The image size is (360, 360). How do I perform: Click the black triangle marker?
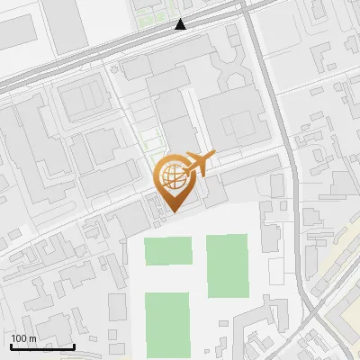pyautogui.click(x=182, y=24)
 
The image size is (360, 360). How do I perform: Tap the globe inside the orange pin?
pyautogui.click(x=171, y=175)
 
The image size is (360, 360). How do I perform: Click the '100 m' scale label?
pyautogui.click(x=24, y=338)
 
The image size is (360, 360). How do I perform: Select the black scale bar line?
pyautogui.click(x=41, y=346)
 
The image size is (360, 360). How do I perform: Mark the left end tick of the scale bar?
pyautogui.click(x=10, y=344)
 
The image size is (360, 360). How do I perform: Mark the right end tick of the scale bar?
pyautogui.click(x=74, y=344)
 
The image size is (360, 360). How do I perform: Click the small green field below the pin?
pyautogui.click(x=168, y=250)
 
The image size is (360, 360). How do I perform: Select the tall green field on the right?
pyautogui.click(x=227, y=265)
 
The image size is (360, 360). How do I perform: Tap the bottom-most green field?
pyautogui.click(x=166, y=324)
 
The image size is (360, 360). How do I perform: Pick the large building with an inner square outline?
pyautogui.click(x=84, y=96)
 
